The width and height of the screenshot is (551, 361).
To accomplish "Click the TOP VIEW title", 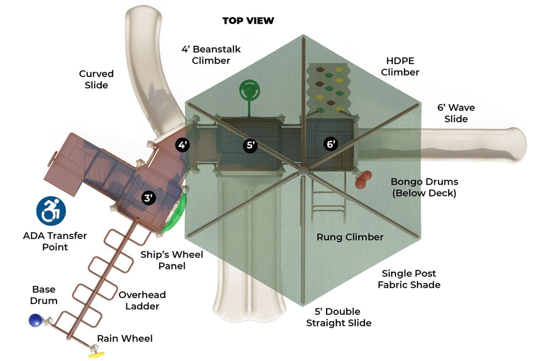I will coord(248,21).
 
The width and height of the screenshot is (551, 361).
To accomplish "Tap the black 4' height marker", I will coord(183,145).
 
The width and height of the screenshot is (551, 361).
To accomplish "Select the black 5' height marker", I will coord(250,145).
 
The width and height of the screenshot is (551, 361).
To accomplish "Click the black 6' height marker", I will coord(331,144).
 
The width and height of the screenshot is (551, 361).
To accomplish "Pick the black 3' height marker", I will coord(149,197).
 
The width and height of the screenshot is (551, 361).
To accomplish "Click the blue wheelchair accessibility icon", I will coord(51,210).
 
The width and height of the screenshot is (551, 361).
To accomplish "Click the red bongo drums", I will coord(364,179).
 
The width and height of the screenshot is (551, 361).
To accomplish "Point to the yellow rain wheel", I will coord(96,354).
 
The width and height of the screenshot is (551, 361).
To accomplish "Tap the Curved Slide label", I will coord(96,79).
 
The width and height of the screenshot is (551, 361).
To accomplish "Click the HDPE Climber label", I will coord(402,66).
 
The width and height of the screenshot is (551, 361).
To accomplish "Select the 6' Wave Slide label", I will coord(456,113).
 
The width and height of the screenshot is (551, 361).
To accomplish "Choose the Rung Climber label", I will coord(350,237).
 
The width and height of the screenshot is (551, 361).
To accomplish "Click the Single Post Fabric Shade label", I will coord(409,279).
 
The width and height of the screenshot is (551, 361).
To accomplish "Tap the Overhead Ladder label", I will coord(142,300).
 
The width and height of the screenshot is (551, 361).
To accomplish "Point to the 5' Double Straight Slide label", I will coord(338,317).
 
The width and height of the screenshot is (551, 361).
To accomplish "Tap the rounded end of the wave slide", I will coord(517,145).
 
